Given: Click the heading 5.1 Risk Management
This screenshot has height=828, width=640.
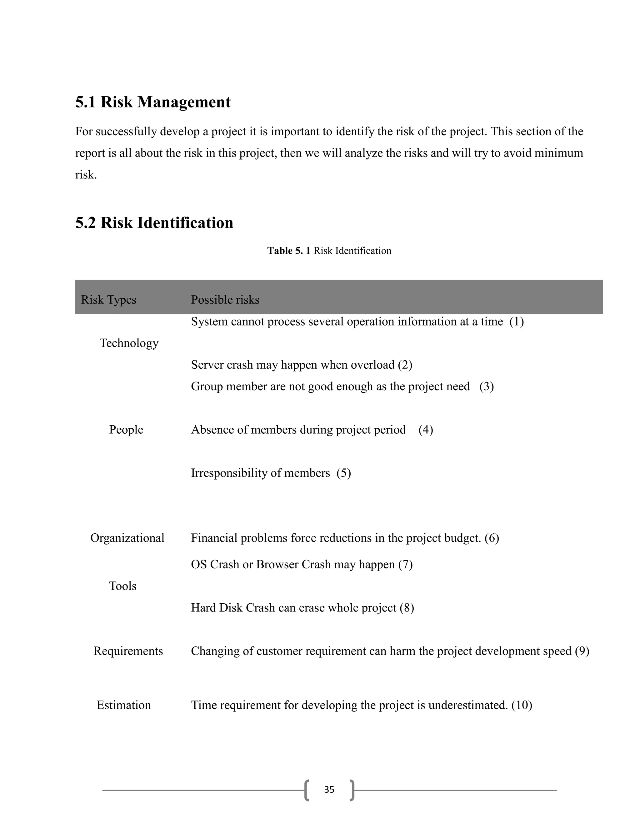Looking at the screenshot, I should point(153,102).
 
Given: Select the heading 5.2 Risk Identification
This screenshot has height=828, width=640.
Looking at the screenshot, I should point(154,223).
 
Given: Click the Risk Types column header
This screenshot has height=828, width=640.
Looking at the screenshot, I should point(108,300).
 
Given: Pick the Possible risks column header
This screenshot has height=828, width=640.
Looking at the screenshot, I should point(225,300).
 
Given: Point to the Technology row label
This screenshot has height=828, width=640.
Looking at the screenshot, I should point(129,343).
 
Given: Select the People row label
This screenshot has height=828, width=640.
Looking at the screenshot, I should point(126,430).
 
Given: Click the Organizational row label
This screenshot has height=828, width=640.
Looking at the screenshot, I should point(127,538).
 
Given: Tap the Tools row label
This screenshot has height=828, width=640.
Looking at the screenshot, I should point(122,586).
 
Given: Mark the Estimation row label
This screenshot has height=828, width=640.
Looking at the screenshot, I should point(124,705).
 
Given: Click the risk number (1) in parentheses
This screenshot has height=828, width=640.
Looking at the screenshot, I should point(516,322).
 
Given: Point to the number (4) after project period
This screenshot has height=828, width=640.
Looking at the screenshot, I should point(425,430).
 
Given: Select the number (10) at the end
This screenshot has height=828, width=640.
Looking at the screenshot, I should point(522,705).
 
